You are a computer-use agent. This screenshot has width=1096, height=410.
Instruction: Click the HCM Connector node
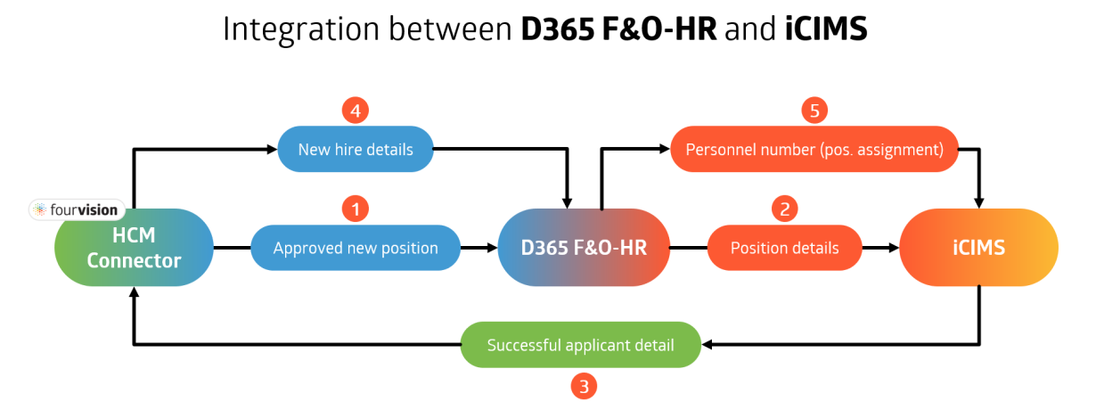click(134, 248)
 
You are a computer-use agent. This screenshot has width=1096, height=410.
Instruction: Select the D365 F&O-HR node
click(584, 248)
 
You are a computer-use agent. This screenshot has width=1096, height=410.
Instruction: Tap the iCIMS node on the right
click(978, 248)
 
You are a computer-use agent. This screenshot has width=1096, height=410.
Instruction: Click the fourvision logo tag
click(78, 210)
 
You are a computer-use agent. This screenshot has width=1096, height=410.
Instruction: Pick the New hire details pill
click(356, 149)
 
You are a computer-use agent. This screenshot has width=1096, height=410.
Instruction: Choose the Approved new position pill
click(356, 248)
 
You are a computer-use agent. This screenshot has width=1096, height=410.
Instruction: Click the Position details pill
click(784, 248)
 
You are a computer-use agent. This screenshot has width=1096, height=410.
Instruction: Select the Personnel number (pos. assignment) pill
click(814, 149)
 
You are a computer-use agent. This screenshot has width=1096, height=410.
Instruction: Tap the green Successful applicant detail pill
click(580, 344)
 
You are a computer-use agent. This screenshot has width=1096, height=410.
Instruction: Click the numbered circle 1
click(356, 209)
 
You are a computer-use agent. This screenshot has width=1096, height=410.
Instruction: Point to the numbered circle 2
click(784, 209)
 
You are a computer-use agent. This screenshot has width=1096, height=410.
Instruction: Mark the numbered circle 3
click(584, 387)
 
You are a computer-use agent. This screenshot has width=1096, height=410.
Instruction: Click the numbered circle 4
click(356, 111)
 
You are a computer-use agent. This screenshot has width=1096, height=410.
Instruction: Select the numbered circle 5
click(814, 111)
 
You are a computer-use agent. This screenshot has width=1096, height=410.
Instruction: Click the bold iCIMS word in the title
click(826, 29)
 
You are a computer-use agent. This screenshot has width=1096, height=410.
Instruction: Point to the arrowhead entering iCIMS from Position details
click(893, 248)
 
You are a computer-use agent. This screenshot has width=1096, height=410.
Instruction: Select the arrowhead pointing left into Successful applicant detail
click(707, 344)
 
